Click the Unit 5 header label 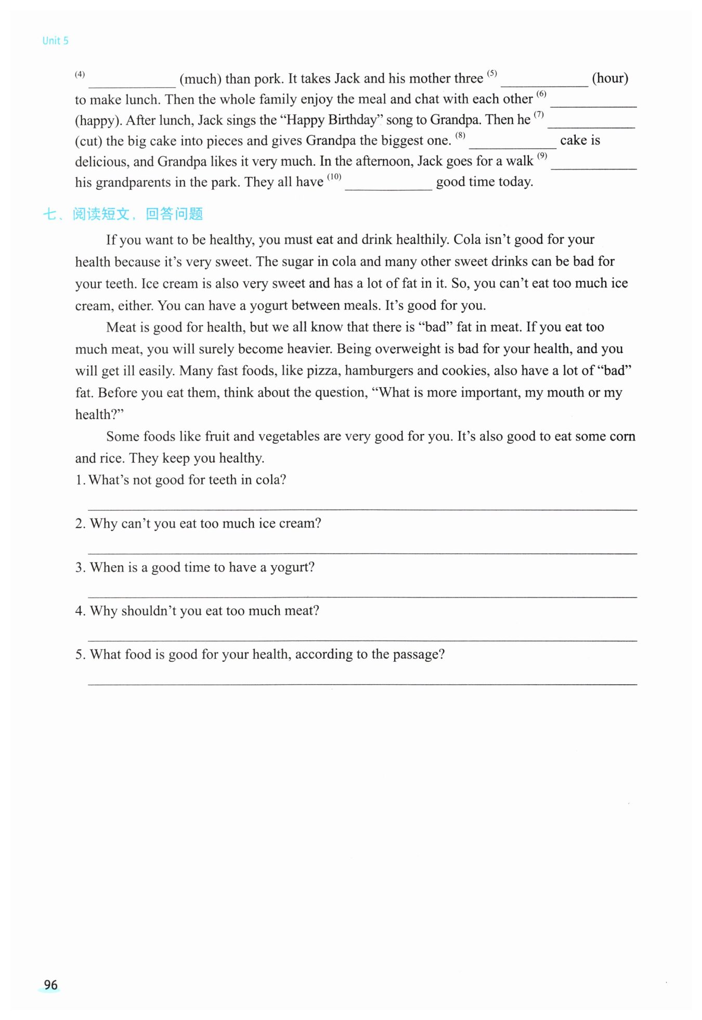click(55, 41)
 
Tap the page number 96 click(50, 985)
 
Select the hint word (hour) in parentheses click(609, 79)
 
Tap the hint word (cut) click(88, 141)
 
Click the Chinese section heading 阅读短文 click(100, 214)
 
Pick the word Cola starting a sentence click(467, 240)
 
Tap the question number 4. click(80, 611)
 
